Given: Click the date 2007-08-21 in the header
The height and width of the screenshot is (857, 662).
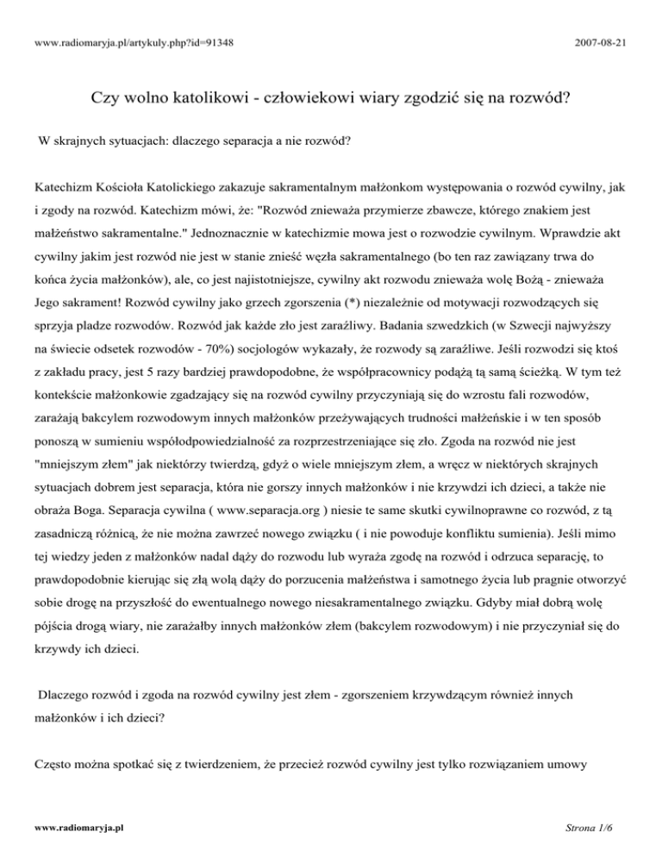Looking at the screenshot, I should pyautogui.click(x=606, y=41).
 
